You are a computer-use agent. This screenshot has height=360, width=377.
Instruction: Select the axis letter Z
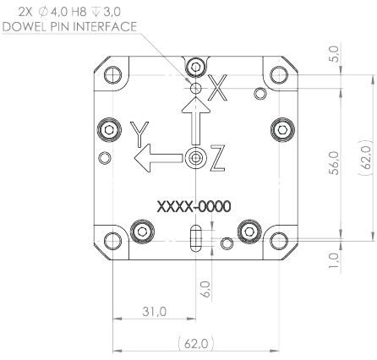(218, 157)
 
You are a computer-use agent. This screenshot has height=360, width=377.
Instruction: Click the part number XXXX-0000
(194, 205)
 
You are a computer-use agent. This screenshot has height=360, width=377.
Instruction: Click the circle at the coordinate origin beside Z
(196, 157)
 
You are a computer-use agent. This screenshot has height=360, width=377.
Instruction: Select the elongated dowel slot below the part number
(195, 238)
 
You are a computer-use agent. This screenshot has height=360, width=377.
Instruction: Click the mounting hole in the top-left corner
(111, 74)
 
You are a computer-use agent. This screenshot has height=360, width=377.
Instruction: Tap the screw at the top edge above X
(196, 67)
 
